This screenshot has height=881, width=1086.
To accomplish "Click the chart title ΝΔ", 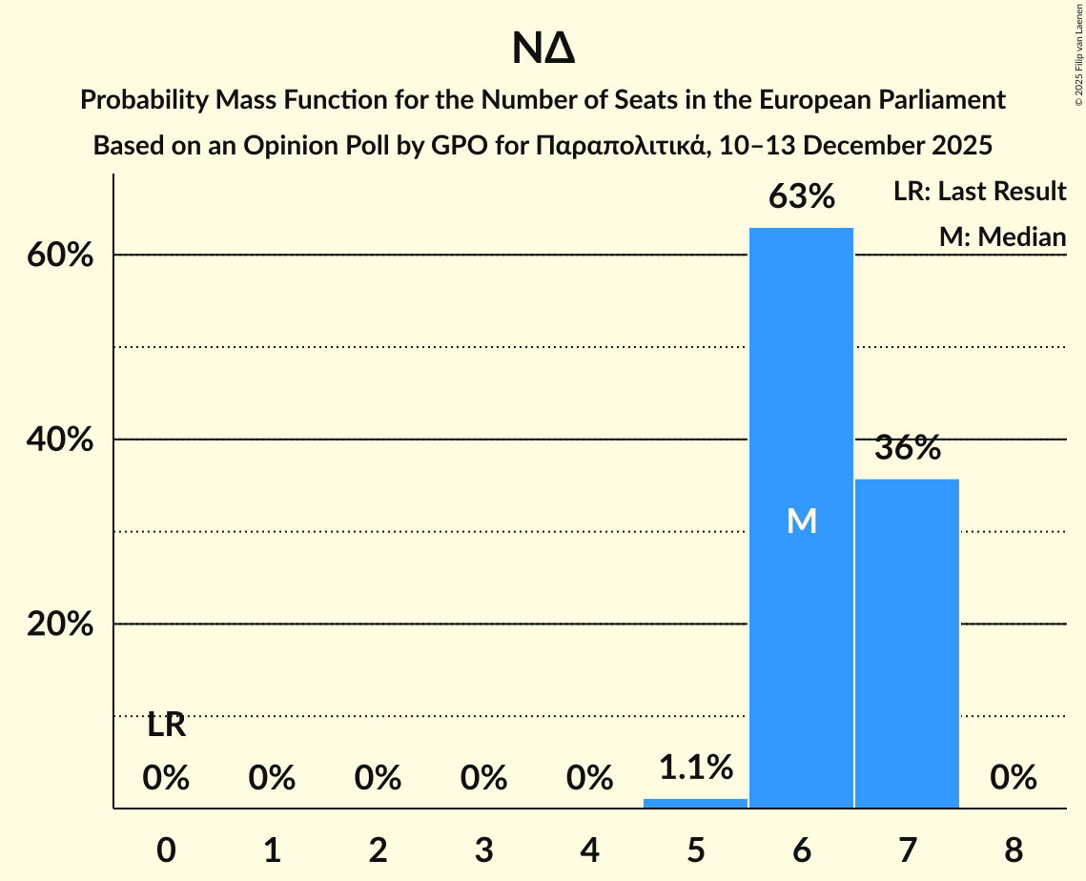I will [x=543, y=49].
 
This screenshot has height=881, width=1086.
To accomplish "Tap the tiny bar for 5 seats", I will [x=695, y=803].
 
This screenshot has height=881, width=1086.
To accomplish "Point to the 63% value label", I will [x=801, y=197].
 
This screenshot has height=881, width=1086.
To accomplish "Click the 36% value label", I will [x=907, y=448].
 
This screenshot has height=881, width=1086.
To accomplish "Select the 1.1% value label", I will [x=695, y=766].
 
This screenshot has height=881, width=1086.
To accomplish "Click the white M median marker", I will [x=801, y=521].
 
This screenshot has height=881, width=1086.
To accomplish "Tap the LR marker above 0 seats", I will [x=166, y=726].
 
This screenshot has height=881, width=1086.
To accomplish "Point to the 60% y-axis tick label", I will [x=66, y=256].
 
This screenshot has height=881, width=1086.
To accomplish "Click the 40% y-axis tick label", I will [x=66, y=440].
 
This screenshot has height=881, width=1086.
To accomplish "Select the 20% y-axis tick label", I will [x=66, y=625].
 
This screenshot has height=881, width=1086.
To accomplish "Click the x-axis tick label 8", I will [x=1013, y=850].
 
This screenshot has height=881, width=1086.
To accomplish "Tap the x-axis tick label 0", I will [x=166, y=850].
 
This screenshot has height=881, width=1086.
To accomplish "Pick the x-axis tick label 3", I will [x=483, y=850].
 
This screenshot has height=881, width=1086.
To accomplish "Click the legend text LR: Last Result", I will [x=979, y=192].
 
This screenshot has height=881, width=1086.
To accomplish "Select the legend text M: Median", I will [x=1002, y=237].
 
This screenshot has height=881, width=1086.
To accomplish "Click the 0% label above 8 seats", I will [x=1013, y=778].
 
